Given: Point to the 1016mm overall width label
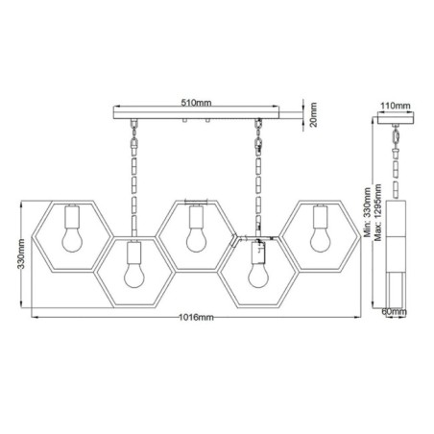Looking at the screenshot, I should [x=197, y=318].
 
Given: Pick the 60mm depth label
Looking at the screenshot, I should [x=395, y=312].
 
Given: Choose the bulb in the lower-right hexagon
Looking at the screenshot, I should [x=256, y=270].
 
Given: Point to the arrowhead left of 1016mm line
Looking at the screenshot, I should [x=33, y=318].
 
